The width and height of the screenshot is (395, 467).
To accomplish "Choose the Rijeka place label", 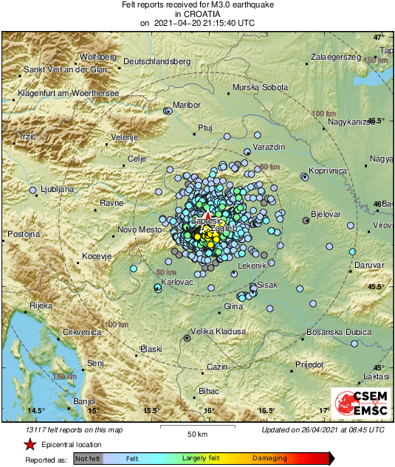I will pyautogui.click(x=41, y=305).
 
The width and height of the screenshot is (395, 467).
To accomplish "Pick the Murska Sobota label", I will pyautogui.click(x=260, y=87).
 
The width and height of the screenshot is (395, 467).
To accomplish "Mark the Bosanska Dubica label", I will pyautogui.click(x=339, y=333).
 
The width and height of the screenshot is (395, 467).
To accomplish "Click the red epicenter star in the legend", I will pyautogui.click(x=30, y=445).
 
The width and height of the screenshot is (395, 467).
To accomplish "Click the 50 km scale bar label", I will pyautogui.click(x=197, y=433).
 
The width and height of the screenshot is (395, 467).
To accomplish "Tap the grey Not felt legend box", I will pyautogui.click(x=89, y=459).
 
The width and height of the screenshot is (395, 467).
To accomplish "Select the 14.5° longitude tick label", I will pyautogui.click(x=36, y=411).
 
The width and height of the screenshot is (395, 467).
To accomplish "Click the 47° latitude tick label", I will pyautogui.click(x=379, y=37).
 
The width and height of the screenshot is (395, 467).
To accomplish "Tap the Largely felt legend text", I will pyautogui.click(x=202, y=459).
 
